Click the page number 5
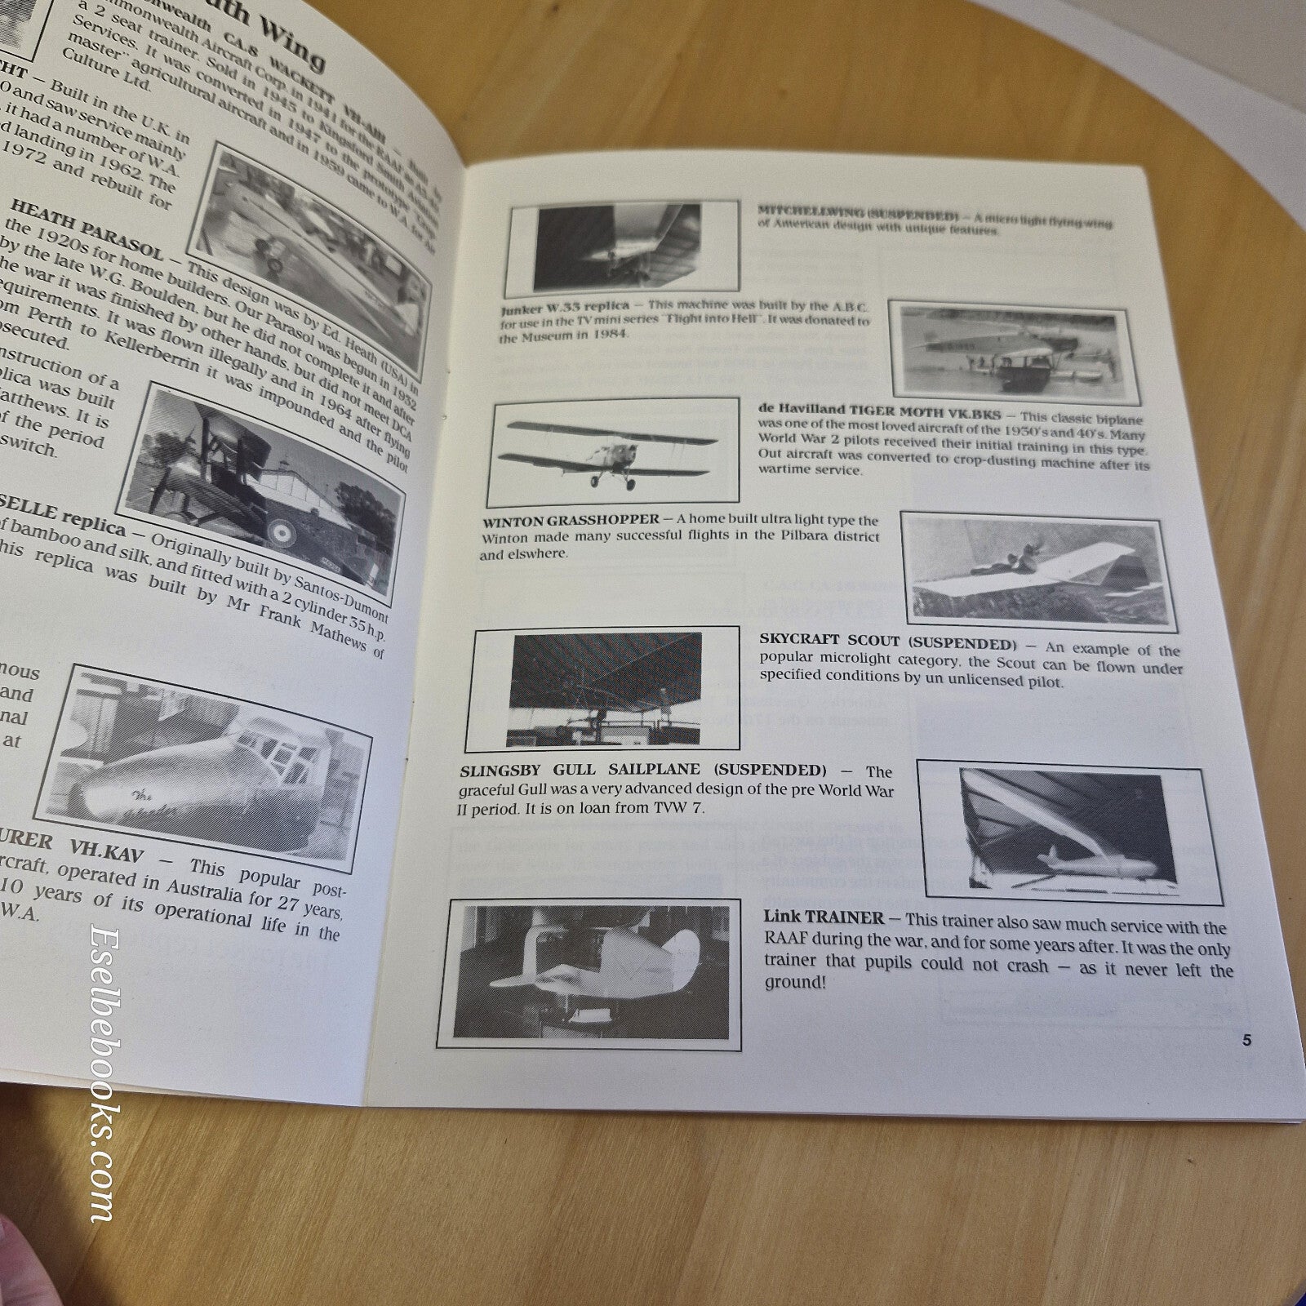click(x=1246, y=1040)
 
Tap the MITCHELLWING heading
click(x=857, y=213)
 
